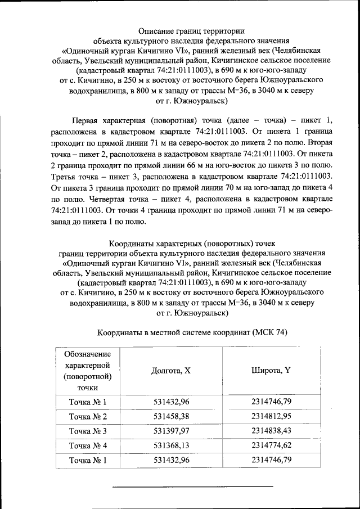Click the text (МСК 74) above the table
point(269,332)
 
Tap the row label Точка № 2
point(87,417)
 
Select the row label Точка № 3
point(87,431)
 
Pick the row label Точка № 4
point(87,446)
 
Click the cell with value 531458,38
point(172,417)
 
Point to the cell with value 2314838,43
point(271,431)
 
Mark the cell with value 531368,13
point(172,446)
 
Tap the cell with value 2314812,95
point(271,417)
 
